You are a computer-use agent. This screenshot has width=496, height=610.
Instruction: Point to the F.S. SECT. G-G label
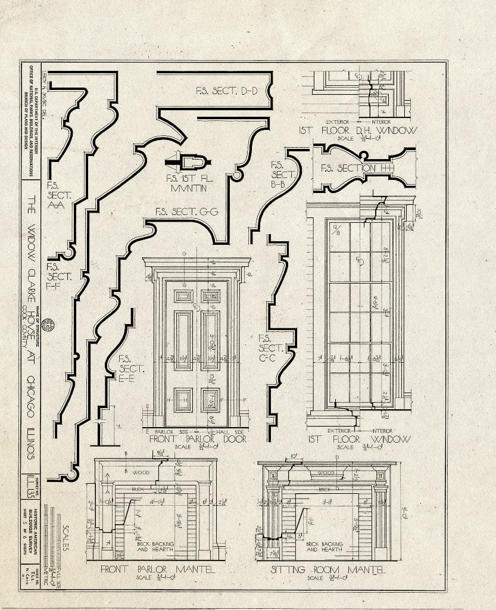click(187, 211)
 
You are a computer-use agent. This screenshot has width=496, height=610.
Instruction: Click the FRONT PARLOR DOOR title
click(198, 439)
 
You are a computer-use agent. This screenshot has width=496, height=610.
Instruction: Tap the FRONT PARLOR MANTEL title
click(157, 569)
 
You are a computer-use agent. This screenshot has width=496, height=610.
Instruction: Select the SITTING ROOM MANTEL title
click(328, 570)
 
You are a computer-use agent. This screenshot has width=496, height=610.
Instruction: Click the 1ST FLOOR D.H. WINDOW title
click(358, 130)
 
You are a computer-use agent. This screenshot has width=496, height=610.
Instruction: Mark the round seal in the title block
click(48, 325)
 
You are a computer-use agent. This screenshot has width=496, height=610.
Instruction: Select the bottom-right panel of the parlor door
click(210, 400)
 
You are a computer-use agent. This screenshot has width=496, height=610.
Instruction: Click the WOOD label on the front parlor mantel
click(141, 472)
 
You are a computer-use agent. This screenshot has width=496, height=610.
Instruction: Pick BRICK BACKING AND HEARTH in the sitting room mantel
click(325, 546)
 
